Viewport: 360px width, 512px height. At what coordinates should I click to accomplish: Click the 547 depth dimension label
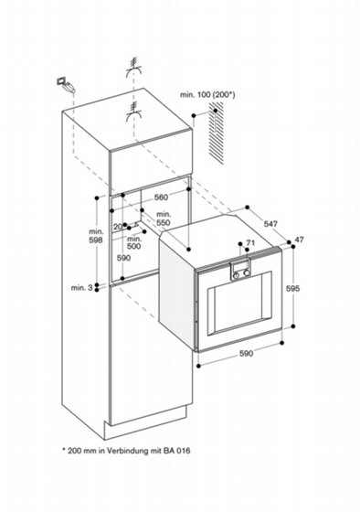coord(270,224)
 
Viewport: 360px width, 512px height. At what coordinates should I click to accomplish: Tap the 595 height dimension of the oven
coord(292,288)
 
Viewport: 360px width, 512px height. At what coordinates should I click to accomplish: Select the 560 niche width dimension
coord(161,197)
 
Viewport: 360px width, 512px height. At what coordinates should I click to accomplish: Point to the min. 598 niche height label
coord(96,236)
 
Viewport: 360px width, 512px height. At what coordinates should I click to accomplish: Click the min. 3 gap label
coord(82,288)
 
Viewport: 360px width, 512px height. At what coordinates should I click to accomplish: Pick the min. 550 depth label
coord(164,219)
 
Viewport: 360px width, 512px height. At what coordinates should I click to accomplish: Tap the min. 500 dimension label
coord(133,242)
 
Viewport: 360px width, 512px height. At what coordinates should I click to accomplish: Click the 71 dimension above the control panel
coord(250,242)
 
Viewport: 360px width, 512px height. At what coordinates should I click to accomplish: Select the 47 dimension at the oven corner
coord(300,240)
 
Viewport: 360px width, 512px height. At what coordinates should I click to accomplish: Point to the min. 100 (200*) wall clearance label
coord(207,95)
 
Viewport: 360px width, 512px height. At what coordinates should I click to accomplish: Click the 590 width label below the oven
coord(246,353)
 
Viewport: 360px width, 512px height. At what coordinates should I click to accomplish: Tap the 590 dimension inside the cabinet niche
coord(123,258)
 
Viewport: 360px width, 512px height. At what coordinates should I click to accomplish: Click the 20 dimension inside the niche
coord(118,227)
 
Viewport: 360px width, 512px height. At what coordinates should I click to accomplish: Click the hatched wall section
coord(216,133)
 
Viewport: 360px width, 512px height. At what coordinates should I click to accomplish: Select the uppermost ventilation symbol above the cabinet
coord(133,68)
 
